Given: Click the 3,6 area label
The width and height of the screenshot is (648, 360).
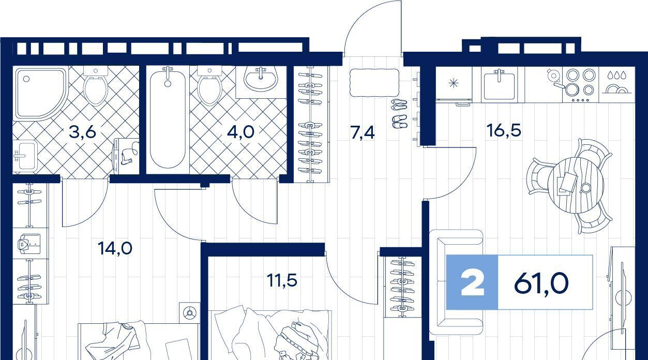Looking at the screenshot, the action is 82,132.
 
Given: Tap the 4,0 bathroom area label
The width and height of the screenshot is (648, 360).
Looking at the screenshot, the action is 240,132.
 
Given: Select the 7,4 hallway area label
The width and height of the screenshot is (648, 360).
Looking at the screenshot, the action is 363,133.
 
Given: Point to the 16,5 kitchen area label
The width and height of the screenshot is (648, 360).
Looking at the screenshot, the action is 504,130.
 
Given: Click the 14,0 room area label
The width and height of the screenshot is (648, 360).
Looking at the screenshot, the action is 115,248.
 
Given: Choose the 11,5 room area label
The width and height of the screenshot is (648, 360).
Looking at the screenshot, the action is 282,280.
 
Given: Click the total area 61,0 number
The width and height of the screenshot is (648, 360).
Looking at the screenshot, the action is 541,284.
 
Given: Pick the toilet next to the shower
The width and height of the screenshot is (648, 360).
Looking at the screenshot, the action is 96,86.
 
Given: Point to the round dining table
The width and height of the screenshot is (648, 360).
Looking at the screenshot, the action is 576,185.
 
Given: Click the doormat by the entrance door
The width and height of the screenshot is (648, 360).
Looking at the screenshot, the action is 374,82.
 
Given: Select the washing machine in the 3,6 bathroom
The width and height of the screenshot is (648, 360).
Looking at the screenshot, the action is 126,156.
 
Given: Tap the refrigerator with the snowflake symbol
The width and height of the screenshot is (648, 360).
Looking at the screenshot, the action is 454,84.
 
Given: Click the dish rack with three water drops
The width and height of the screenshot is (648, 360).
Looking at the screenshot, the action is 617,84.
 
